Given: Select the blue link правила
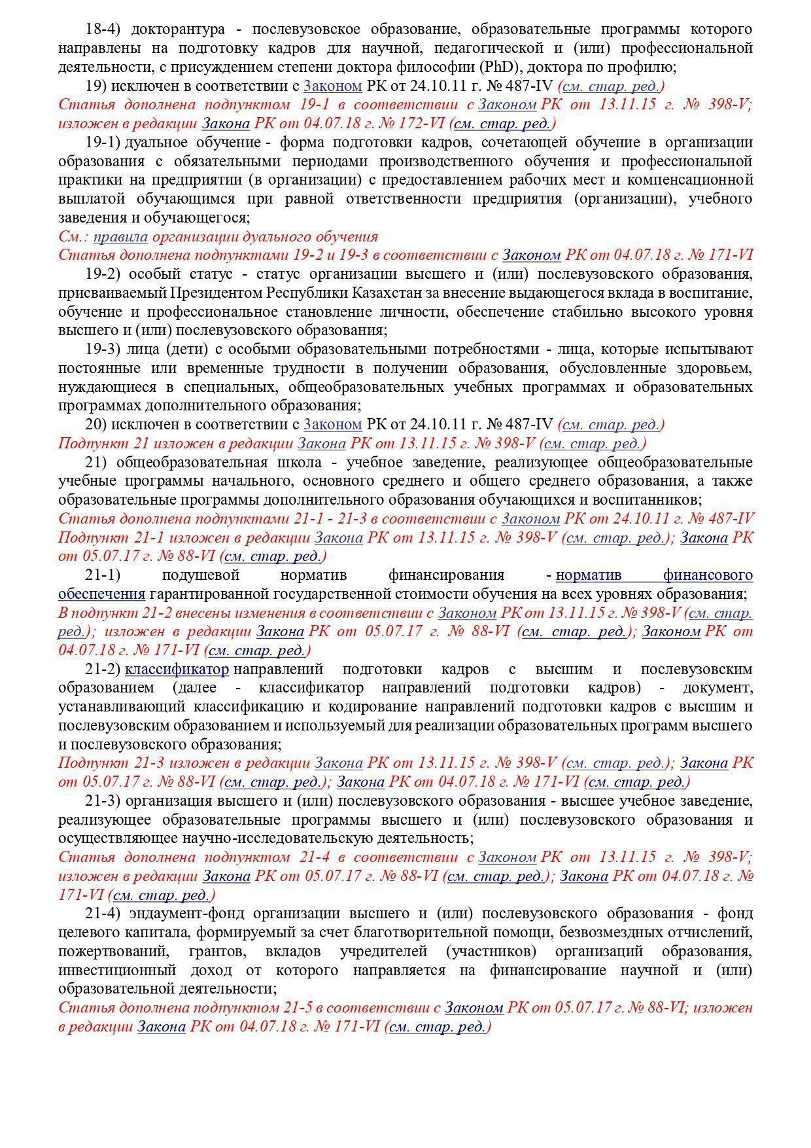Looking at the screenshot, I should tap(120, 236).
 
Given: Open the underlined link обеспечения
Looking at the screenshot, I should tap(101, 594).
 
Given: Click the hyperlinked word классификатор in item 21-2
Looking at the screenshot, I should tap(177, 670).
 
